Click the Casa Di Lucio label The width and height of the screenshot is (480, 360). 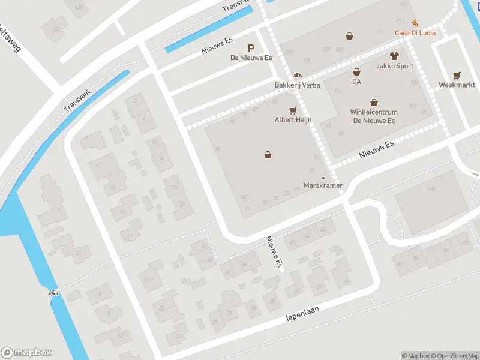coord(415,32)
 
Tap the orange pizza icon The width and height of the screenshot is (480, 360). coord(415,23)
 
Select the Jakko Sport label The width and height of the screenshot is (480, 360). coord(394,66)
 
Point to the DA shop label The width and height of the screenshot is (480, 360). coord(356,81)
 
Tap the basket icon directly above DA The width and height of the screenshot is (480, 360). coord(356,72)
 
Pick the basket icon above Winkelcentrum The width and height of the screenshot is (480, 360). coord(374,102)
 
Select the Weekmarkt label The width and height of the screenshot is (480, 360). coord(457,85)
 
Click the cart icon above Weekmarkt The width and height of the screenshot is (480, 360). coord(457,76)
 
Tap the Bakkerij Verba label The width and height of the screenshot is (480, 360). coord(297,85)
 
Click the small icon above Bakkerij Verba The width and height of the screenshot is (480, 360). coord(296,76)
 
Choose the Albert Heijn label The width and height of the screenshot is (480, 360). coord(293,119)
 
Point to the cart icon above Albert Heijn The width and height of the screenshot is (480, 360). coord(293,110)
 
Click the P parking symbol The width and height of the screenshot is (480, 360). coord(251,48)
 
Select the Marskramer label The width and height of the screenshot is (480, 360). coord(323,185)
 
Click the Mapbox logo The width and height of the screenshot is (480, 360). coord(26,353)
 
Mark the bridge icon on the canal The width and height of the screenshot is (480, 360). coord(54,293)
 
